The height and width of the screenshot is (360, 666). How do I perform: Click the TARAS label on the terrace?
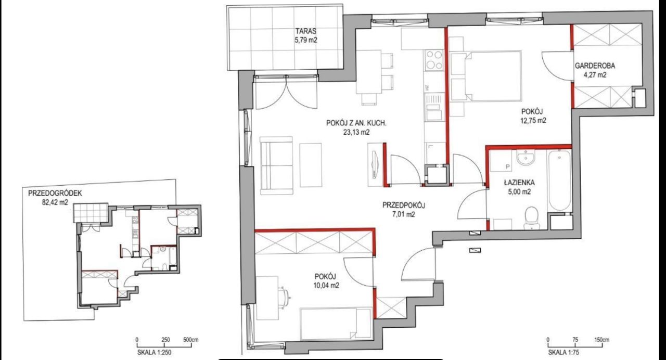tap(305, 31)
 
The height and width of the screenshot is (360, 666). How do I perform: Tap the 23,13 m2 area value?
tap(356, 133)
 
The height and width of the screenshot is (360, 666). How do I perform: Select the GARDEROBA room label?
tap(595, 66)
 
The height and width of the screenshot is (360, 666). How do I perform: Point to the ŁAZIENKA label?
tap(519, 182)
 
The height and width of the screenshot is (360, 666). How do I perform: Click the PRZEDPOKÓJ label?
tap(403, 205)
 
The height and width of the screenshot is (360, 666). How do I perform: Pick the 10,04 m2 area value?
tap(326, 286)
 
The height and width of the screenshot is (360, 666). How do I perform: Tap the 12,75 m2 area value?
tap(533, 121)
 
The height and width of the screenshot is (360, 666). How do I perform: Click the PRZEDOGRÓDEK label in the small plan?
tap(55, 193)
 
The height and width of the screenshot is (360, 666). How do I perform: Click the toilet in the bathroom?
tap(531, 218)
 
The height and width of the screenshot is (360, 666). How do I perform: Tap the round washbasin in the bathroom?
tap(526, 157)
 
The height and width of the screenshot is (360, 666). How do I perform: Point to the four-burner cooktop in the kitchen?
tap(434, 60)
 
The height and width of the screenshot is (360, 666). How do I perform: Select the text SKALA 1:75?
tap(563, 353)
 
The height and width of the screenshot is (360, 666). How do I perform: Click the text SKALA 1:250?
tap(155, 353)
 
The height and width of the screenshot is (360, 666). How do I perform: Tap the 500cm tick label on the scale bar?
tap(191, 340)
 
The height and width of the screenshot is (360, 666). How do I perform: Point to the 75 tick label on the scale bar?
tap(575, 340)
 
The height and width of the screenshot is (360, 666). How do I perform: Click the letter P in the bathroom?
tap(508, 167)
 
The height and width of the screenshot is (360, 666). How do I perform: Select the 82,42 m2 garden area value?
tap(55, 203)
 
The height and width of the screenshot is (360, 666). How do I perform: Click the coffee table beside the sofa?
tap(311, 165)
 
